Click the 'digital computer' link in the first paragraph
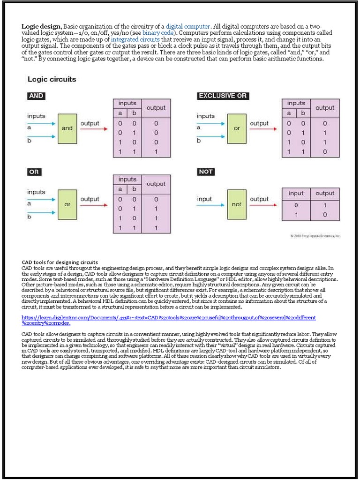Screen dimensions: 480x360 pos(188,26)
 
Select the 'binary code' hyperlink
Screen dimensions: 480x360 pos(161,33)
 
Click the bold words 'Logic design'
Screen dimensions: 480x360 pos(41,26)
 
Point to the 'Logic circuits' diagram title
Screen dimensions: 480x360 pos(52,79)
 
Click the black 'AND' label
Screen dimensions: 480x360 pos(36,96)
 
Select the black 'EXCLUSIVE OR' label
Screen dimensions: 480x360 pos(223,96)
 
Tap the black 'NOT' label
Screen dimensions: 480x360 pos(206,172)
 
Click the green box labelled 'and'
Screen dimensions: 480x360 pos(67,128)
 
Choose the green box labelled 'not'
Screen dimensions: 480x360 pos(237,204)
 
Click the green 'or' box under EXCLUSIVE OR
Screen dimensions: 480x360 pos(237,128)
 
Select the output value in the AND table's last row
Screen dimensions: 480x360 pos(156,152)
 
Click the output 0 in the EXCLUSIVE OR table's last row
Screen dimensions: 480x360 pos(325,152)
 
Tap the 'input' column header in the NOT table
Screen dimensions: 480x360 pos(296,193)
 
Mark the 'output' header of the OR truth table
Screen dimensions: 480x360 pos(156,184)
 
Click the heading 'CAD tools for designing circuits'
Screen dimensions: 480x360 pos(60,262)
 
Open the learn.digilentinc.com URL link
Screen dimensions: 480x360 pos(169,320)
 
